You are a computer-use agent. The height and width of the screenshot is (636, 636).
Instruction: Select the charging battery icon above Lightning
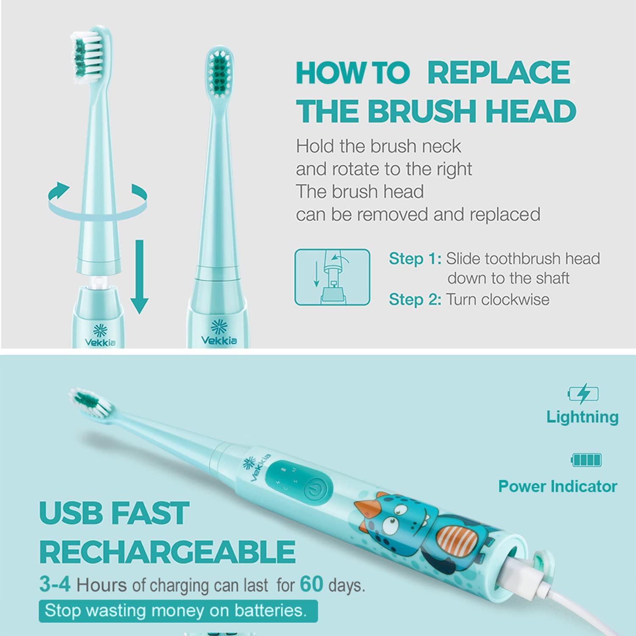[x=583, y=394]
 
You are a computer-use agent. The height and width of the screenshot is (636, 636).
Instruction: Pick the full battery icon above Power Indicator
[x=586, y=460]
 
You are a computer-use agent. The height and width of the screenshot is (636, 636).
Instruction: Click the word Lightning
[x=582, y=417]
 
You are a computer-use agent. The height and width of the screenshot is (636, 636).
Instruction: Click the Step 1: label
[x=415, y=259]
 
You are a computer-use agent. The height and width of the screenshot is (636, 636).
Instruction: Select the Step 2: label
[x=415, y=299]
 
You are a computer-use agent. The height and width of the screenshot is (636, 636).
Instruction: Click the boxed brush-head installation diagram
[x=332, y=277]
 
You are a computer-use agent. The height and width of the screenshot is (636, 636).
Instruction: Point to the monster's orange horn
[x=366, y=508]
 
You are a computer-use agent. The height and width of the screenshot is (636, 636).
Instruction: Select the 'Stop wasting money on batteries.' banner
[x=178, y=611]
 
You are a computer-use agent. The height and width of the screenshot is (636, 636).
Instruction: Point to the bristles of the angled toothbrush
[x=86, y=401]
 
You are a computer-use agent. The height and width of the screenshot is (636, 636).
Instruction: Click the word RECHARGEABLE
[x=167, y=551]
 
